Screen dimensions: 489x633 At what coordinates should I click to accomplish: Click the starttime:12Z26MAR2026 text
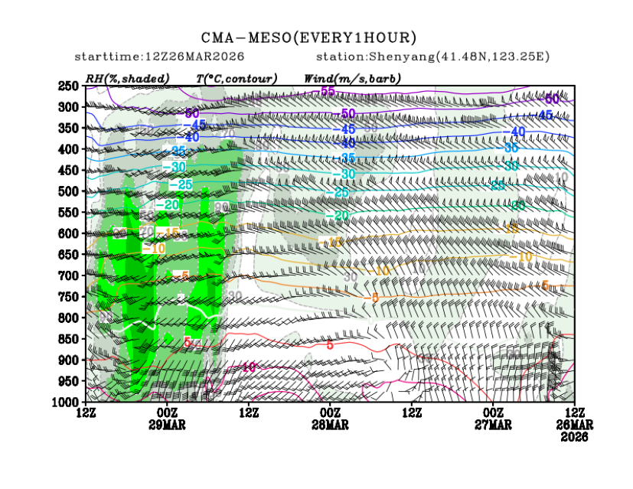pos(159,57)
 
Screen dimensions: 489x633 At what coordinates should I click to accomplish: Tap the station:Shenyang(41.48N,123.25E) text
pos(432,57)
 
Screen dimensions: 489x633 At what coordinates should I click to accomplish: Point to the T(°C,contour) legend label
pos(237,78)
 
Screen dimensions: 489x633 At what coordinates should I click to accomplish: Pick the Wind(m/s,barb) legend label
pos(352,78)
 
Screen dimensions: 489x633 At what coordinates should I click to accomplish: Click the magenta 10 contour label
pos(249,367)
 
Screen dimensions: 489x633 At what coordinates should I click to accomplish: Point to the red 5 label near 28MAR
pos(329,345)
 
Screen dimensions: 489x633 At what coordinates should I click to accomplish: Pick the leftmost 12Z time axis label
pos(86,414)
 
